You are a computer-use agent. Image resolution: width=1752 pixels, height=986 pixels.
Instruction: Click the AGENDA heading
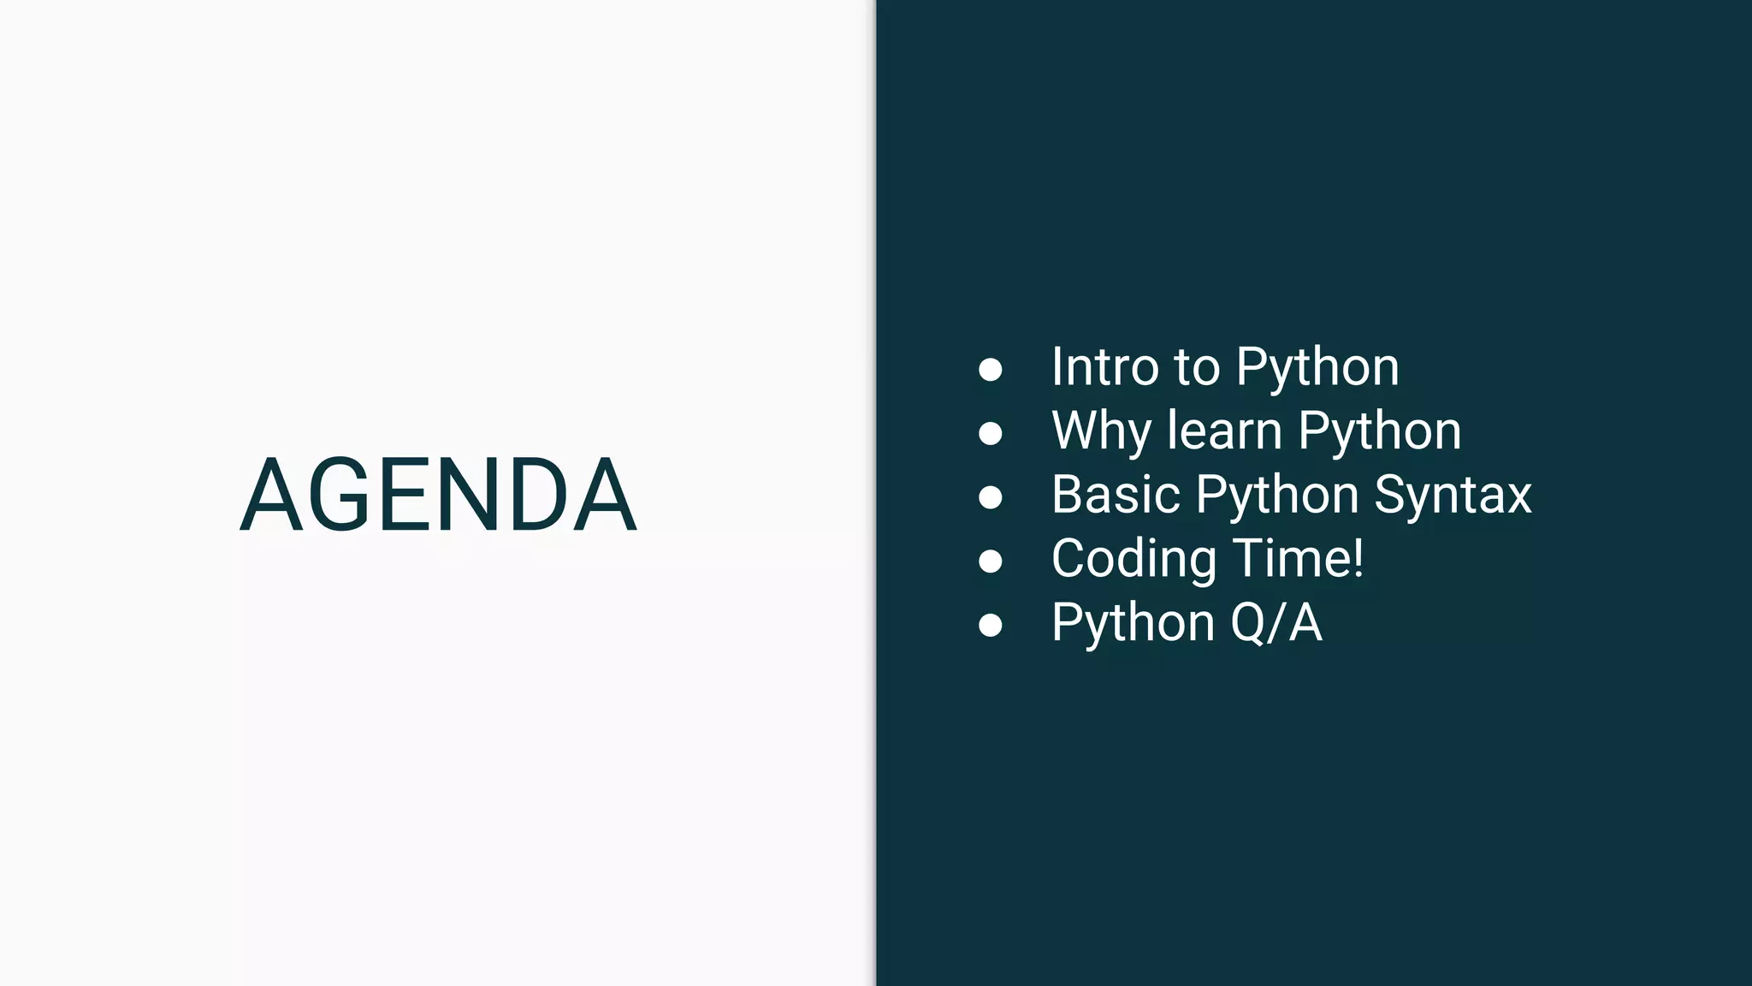[438, 495]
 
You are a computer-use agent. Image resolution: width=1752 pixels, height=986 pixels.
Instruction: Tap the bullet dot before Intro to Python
[990, 369]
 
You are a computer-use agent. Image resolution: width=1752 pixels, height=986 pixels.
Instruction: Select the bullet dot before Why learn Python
[990, 433]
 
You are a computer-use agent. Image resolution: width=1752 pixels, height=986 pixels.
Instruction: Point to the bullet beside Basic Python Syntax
[990, 497]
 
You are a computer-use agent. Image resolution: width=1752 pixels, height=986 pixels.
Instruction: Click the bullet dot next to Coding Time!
[990, 561]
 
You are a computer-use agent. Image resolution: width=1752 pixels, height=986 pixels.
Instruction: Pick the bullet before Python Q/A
[990, 626]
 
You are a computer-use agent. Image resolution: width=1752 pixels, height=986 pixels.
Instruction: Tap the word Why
[1101, 431]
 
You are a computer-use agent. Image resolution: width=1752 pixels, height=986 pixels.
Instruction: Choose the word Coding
[1133, 560]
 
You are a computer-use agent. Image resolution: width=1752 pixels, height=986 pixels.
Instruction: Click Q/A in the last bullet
[1276, 623]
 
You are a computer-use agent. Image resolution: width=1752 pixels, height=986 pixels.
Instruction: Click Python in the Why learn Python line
[1379, 432]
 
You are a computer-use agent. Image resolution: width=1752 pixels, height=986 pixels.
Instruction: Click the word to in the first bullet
[1197, 368]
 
